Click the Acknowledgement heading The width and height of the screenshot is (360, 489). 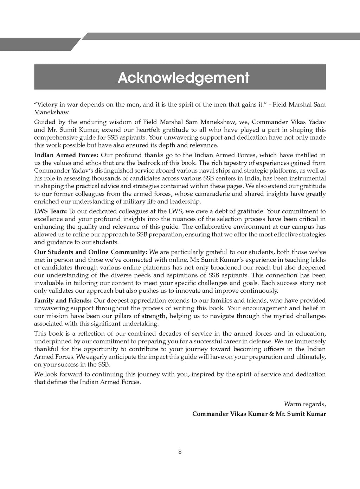tap(184, 77)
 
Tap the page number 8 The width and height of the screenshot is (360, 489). tap(180, 452)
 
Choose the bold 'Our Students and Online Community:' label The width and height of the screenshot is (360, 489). tap(91, 252)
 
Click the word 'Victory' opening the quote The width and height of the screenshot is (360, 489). tap(46, 105)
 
